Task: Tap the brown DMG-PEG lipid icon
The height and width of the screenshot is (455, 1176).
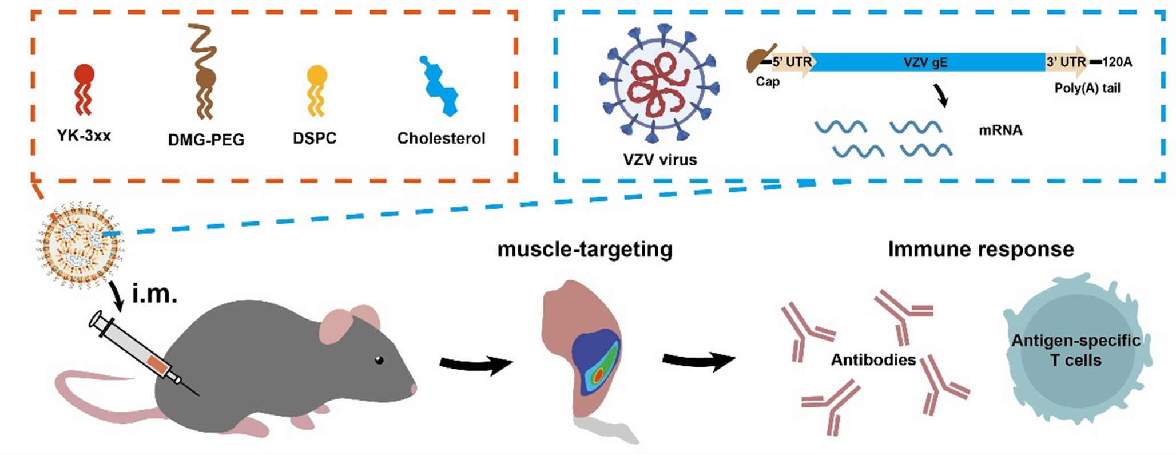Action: click(204, 74)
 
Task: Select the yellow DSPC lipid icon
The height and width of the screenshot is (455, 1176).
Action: click(316, 89)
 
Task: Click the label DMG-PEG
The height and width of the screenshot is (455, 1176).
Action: click(206, 140)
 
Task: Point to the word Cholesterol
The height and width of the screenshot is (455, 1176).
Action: click(441, 139)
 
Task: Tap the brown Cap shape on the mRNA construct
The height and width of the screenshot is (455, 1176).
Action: click(760, 59)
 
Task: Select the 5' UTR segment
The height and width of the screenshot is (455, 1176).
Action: click(792, 62)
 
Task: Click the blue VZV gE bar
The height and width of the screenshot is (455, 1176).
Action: click(927, 62)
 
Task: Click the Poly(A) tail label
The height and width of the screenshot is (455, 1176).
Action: click(1087, 88)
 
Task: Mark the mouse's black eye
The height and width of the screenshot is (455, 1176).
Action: click(379, 360)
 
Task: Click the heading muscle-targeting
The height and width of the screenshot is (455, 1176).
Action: click(585, 250)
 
